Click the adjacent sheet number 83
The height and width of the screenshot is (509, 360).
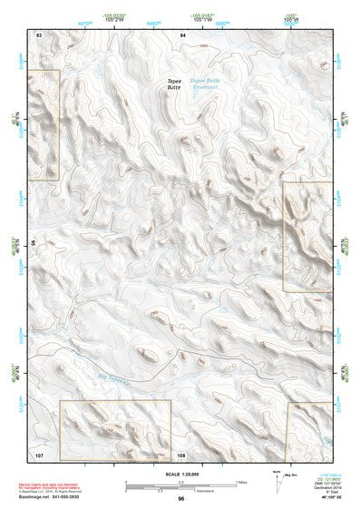(x=39, y=34)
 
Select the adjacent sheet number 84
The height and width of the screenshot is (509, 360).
(x=182, y=34)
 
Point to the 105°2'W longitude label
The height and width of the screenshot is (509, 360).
(x=112, y=18)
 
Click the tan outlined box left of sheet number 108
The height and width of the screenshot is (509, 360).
(x=115, y=429)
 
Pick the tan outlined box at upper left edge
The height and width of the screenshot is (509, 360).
(x=43, y=124)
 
